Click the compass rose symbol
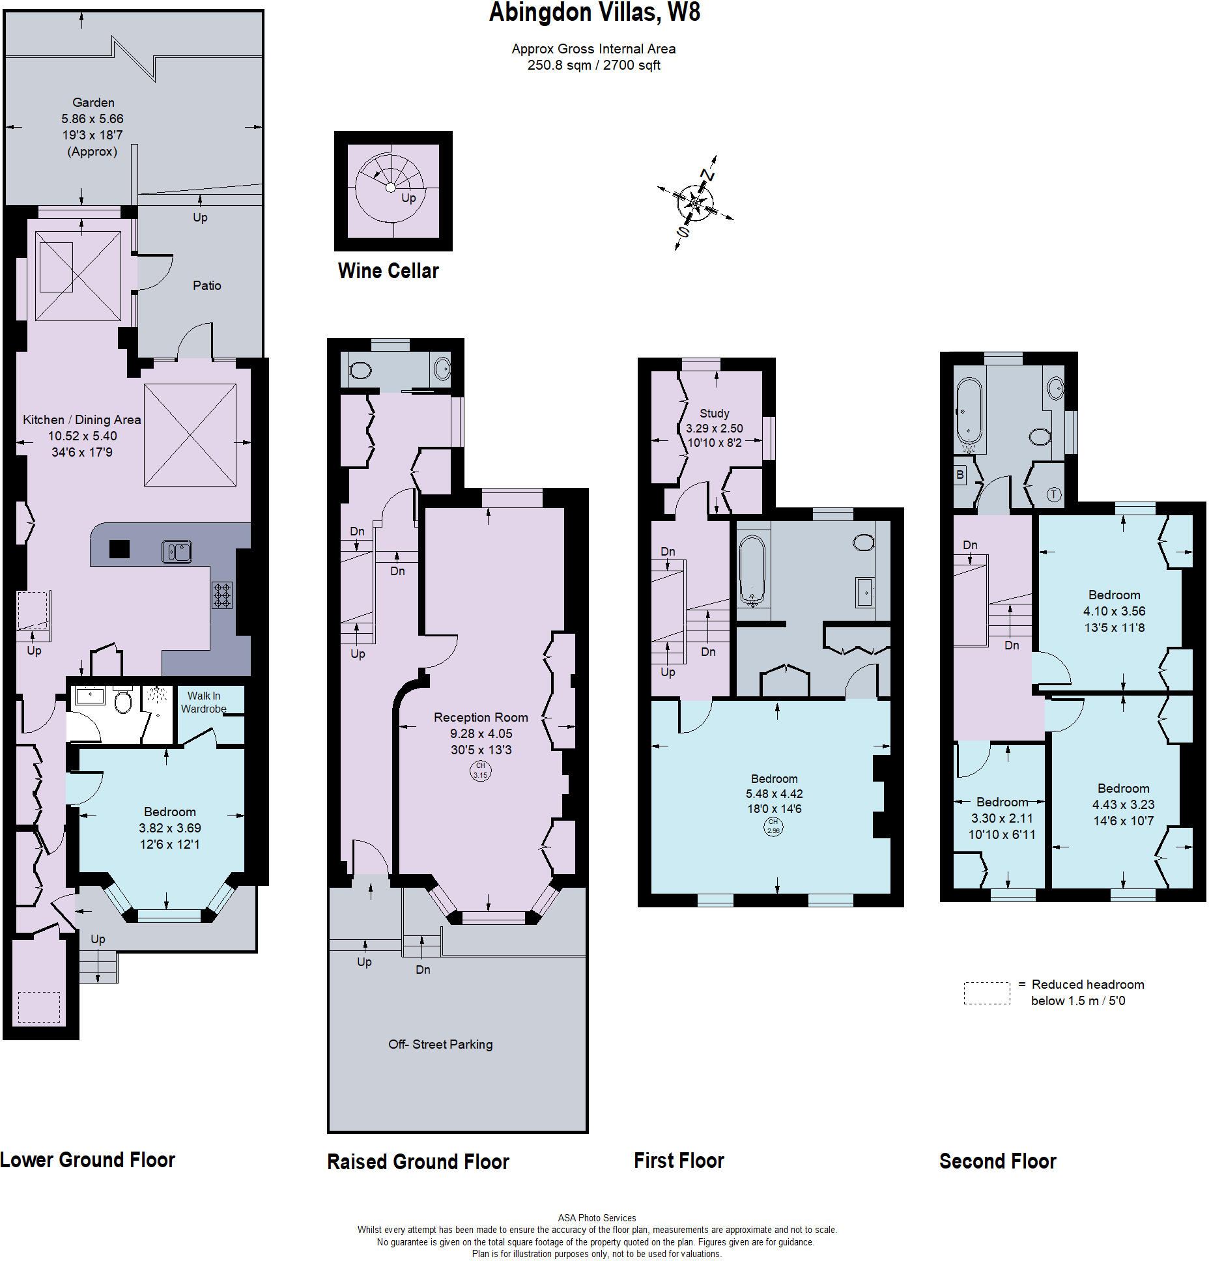pyautogui.click(x=695, y=203)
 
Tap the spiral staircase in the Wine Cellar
pyautogui.click(x=390, y=188)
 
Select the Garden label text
pyautogui.click(x=93, y=102)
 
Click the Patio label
pyautogui.click(x=206, y=285)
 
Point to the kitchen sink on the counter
pyautogui.click(x=177, y=552)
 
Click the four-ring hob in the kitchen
pyautogui.click(x=221, y=595)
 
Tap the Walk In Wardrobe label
pyautogui.click(x=204, y=702)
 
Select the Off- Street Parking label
pyautogui.click(x=440, y=1044)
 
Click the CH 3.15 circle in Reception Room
pyautogui.click(x=480, y=771)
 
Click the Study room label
pyautogui.click(x=714, y=413)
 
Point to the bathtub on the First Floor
pyautogui.click(x=752, y=571)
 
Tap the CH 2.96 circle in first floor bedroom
pyautogui.click(x=773, y=827)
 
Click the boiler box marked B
pyautogui.click(x=960, y=475)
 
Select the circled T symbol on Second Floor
pyautogui.click(x=1053, y=494)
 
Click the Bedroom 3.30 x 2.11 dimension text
pyautogui.click(x=1002, y=818)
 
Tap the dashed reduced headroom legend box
pyautogui.click(x=986, y=993)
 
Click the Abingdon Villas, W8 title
pyautogui.click(x=594, y=13)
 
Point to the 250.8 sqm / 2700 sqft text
pyautogui.click(x=593, y=65)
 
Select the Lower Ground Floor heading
pyautogui.click(x=87, y=1160)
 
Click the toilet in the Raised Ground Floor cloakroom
pyautogui.click(x=360, y=371)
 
